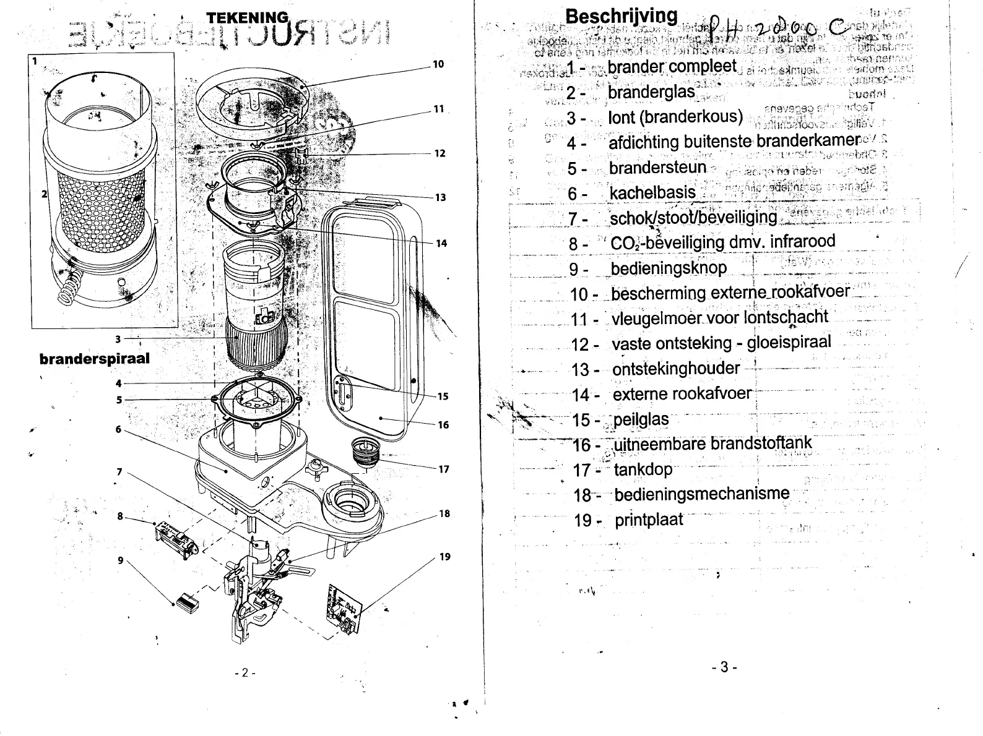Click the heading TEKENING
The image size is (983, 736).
point(248,17)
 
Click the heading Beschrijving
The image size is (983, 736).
point(621,16)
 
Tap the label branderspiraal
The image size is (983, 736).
point(94,359)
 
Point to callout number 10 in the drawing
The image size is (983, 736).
point(438,64)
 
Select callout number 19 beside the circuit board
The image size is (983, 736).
point(444,557)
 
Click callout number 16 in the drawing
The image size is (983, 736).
point(443,425)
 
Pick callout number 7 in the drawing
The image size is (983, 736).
point(119,473)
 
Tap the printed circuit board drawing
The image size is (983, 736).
point(342,609)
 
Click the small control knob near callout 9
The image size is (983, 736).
point(186,599)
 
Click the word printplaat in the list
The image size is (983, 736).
point(649,520)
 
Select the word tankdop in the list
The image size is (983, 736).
point(643,469)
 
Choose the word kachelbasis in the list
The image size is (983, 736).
point(652,193)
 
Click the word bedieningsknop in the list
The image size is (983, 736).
point(669,268)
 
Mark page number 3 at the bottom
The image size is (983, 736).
point(724,667)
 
